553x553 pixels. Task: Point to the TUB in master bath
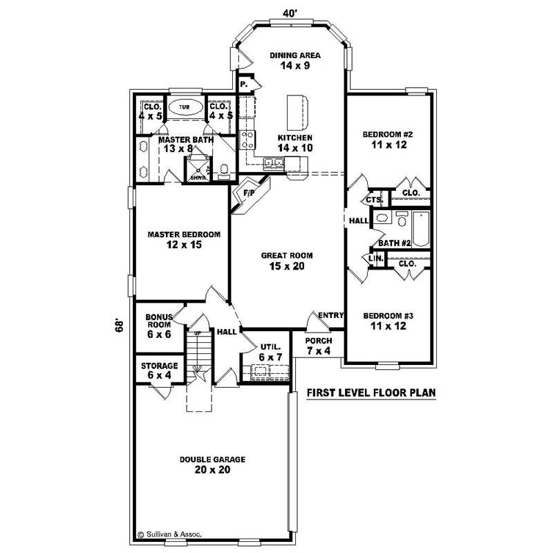[184, 108]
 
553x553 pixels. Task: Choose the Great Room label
[283, 261]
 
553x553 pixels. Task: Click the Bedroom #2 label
[388, 140]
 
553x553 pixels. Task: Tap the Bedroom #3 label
[388, 321]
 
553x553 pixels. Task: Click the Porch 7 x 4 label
[319, 346]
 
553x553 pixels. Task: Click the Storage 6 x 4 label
[160, 370]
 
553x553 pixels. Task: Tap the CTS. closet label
[374, 200]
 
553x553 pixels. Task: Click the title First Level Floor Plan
[371, 393]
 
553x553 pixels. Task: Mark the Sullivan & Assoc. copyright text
[173, 534]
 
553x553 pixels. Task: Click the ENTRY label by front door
[330, 316]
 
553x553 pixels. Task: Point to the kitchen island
[298, 111]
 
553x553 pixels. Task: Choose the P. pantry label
[243, 84]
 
